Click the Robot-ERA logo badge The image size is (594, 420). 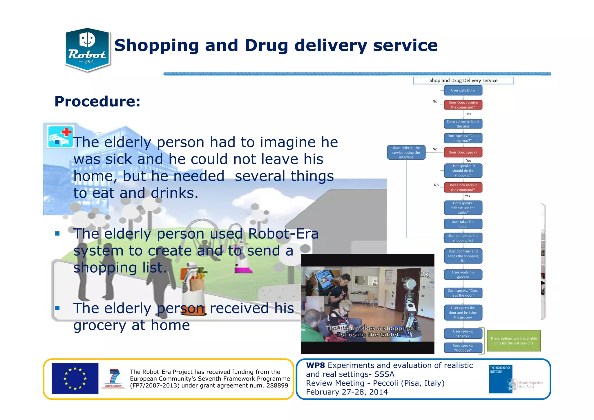click(x=87, y=50)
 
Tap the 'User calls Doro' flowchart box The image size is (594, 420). click(x=463, y=90)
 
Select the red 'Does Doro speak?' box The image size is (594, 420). click(x=463, y=152)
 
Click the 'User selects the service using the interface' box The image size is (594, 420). click(x=406, y=152)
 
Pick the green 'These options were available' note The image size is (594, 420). click(x=513, y=341)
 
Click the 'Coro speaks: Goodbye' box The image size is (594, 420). click(x=463, y=348)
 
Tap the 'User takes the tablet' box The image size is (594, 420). click(x=463, y=224)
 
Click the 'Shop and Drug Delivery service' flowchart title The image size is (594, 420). click(x=463, y=80)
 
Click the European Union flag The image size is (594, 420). click(x=75, y=378)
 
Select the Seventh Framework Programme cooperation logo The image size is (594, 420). click(x=113, y=378)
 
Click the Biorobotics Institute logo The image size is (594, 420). click(x=501, y=379)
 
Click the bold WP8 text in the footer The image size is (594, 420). click(x=315, y=365)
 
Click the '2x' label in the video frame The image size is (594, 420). click(x=424, y=274)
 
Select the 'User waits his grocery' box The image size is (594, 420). click(x=463, y=275)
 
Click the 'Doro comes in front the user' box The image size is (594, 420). click(x=463, y=124)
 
